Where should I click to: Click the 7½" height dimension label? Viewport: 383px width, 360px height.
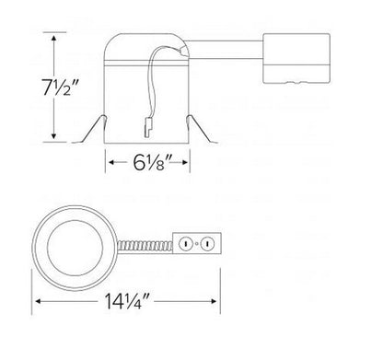coord(62,87)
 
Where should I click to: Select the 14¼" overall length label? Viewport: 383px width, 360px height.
coord(127,301)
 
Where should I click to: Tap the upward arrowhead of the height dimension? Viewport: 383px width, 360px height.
coord(54,38)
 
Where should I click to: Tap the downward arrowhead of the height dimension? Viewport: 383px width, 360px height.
coord(54,136)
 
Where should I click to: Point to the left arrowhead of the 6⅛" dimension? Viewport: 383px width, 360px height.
coord(112,162)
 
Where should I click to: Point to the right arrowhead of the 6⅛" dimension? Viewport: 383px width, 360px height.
coord(184,162)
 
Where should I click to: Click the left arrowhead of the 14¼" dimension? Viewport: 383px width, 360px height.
coord(39,301)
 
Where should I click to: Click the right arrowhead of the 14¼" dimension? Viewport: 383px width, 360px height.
coord(214,301)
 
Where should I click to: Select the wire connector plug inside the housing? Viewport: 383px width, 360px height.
coord(148,128)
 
